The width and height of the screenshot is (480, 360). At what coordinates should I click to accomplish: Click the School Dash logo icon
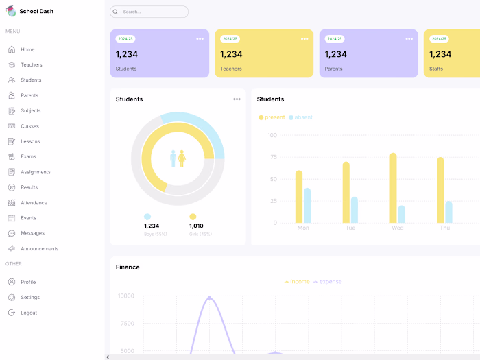tap(12, 11)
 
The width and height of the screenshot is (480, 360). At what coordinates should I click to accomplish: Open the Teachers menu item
tap(31, 65)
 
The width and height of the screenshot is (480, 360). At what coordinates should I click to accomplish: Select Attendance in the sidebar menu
tap(34, 203)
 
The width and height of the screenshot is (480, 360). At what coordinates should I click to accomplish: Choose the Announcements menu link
tap(39, 249)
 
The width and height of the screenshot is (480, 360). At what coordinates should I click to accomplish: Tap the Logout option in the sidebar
tap(28, 313)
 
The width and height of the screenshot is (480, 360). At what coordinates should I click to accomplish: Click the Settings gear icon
tap(12, 298)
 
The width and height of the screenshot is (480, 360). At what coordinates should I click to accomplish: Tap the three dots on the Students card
tap(200, 39)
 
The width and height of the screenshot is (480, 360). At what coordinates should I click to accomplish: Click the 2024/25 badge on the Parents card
tap(334, 39)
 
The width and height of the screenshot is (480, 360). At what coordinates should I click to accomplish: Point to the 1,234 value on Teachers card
tap(231, 54)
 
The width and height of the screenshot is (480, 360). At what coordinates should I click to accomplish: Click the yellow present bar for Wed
tap(393, 188)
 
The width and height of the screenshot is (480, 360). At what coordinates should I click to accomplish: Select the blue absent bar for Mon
tap(307, 206)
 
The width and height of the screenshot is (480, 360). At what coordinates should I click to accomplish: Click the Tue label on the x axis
tap(350, 228)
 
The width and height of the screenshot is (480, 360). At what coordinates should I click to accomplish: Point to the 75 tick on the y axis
tap(273, 157)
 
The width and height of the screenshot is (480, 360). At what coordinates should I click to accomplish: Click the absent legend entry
tap(300, 117)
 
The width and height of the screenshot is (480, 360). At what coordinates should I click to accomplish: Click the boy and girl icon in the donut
tap(178, 159)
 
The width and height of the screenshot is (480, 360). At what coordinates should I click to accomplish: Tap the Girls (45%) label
tap(200, 235)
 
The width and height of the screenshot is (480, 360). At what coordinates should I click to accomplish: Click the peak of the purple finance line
tap(209, 298)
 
